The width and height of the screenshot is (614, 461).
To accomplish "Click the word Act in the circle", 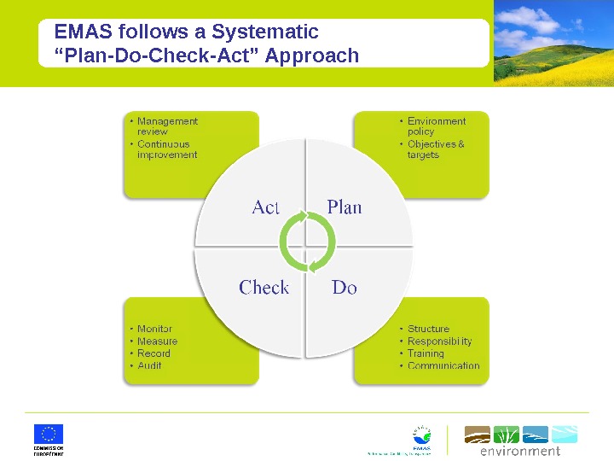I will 266,207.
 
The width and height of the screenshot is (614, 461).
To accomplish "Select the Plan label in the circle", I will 345,207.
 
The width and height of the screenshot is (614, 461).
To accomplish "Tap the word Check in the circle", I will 264,288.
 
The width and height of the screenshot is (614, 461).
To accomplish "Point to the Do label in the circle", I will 345,288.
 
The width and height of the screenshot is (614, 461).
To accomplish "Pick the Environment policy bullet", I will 436,126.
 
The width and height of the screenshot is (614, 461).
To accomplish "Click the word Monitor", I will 154,329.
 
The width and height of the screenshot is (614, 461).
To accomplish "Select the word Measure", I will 157,341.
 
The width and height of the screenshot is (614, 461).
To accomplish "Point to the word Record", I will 153,353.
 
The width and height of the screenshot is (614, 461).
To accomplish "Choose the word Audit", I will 149,365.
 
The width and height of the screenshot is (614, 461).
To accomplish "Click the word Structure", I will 428,329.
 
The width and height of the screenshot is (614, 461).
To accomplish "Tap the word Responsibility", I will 439,341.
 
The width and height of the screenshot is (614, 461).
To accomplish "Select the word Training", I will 426,353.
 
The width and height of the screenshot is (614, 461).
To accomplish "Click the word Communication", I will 443,365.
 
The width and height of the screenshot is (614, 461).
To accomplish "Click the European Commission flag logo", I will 49,434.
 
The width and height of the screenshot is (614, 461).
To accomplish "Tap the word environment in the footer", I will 520,451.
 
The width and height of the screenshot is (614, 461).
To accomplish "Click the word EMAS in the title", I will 84,32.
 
